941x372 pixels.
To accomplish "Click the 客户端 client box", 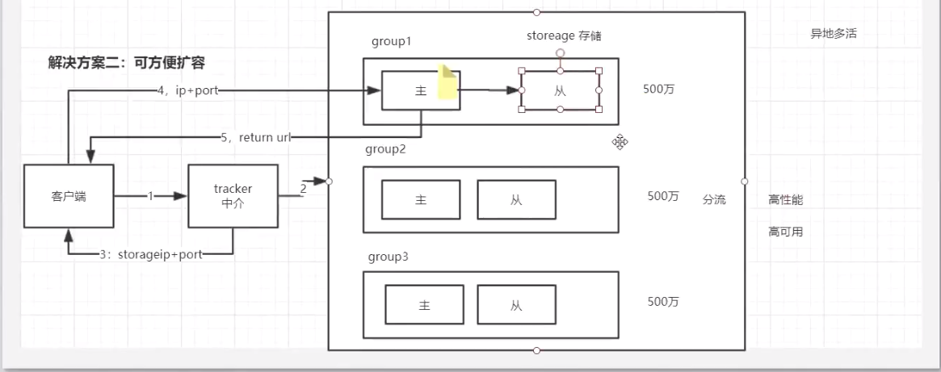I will point(69,195).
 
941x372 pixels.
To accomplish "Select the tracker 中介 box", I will point(233,195).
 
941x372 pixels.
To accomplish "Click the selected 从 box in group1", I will point(561,90).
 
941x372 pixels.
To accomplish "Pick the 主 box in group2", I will point(421,199).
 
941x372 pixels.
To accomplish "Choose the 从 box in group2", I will point(516,199).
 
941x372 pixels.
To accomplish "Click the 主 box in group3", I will point(424,306).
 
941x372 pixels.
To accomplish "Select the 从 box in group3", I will point(517,306).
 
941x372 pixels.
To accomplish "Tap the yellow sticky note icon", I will point(447,83).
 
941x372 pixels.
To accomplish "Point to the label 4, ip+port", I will point(187,91).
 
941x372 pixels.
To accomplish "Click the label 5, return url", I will point(255,138).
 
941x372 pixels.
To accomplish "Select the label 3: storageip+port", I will point(151,254).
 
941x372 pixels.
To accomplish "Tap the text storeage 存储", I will point(564,36).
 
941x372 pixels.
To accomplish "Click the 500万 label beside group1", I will point(658,89).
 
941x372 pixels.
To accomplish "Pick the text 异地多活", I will point(833,34).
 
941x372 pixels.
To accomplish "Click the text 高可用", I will point(785,232).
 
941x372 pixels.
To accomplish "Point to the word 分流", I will point(714,200).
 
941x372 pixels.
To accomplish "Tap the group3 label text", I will point(388,257).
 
